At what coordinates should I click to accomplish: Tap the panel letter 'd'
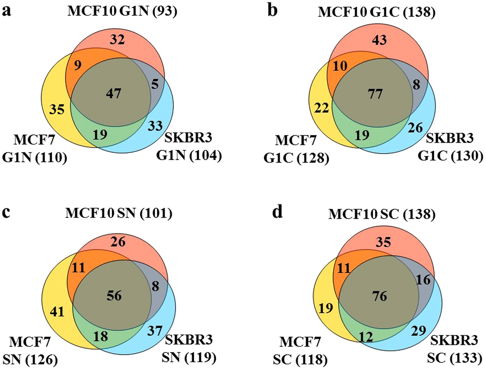tap(278, 212)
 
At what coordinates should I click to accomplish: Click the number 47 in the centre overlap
tap(113, 93)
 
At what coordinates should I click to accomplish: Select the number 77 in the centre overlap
tap(375, 94)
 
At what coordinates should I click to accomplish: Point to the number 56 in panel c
tap(114, 295)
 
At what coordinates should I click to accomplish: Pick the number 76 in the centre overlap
tap(380, 296)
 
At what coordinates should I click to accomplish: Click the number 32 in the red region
tap(117, 40)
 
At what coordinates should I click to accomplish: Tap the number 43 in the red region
tap(379, 40)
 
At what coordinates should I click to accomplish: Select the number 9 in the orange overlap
tap(77, 65)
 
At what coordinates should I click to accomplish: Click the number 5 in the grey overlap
tap(155, 84)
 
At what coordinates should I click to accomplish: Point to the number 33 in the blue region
tap(155, 126)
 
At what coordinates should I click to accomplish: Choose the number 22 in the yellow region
tap(322, 108)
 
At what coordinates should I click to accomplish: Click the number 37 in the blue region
tap(155, 330)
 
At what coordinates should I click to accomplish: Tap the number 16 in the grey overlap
tap(423, 279)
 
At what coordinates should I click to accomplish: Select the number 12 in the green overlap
tap(366, 337)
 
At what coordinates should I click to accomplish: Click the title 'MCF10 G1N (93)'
tap(122, 11)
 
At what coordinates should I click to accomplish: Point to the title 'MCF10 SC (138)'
tap(382, 214)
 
